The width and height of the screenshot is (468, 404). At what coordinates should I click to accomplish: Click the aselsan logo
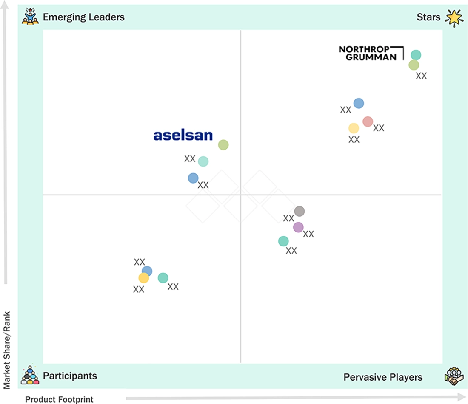pos(183,136)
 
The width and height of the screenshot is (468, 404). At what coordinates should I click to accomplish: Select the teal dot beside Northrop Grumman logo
pos(416,55)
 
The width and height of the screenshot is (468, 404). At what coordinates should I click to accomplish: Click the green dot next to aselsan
pos(223,145)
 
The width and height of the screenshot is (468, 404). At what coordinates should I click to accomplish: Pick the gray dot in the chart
pos(300,211)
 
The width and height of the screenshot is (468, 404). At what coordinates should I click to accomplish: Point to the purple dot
pos(298,227)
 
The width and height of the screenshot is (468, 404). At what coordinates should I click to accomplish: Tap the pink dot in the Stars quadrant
pos(368,121)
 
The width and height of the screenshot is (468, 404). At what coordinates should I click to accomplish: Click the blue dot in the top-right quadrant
pos(359,103)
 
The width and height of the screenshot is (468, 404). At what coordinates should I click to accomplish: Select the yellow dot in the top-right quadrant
pos(354,128)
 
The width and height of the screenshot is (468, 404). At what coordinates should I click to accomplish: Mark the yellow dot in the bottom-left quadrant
pos(143,278)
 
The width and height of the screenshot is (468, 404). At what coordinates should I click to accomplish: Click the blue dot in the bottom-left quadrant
pos(147,271)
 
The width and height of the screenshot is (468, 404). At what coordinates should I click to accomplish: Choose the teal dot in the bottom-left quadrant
pos(163,278)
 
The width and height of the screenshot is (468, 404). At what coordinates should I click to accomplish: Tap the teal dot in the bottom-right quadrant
pos(283,241)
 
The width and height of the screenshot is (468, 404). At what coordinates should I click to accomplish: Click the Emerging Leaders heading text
pos(83,17)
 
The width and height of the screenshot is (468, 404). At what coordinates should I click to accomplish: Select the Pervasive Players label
pos(383,377)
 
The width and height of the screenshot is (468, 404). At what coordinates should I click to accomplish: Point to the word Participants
pos(70,376)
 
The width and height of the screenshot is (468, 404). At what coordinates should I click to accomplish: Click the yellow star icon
pos(454,18)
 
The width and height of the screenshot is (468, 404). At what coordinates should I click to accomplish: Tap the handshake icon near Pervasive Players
pos(454,376)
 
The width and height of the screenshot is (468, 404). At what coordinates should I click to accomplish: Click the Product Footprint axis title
pos(59,399)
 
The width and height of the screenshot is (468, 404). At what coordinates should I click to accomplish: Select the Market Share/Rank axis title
pos(6,350)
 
